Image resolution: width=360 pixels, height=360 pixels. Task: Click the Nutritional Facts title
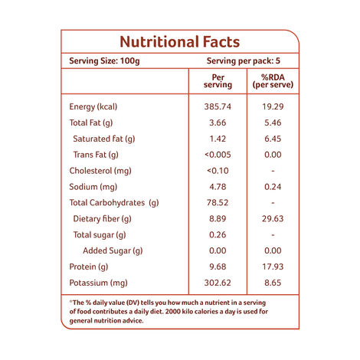179,42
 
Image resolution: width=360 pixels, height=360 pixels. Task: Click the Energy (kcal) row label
93,106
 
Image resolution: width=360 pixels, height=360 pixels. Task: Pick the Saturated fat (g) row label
104,139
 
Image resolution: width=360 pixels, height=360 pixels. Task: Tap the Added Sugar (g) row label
113,251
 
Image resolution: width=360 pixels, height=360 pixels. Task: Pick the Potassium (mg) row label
98,283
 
